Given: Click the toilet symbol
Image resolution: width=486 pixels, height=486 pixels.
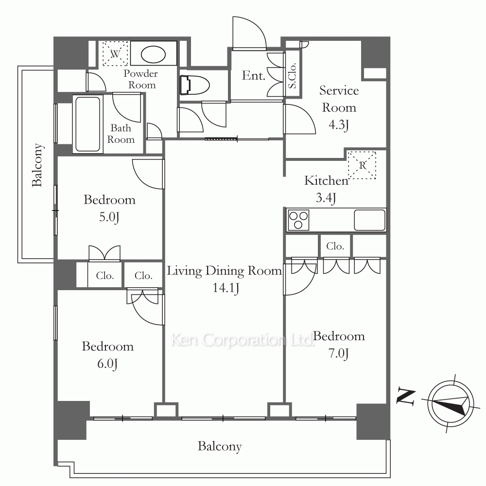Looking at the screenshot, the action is [x=195, y=85].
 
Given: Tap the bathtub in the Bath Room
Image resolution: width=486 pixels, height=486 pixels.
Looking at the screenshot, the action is [x=87, y=124].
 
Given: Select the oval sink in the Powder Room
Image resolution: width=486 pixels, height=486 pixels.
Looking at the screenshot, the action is [x=153, y=54].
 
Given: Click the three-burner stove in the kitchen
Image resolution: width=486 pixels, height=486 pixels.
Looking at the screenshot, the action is [x=298, y=220].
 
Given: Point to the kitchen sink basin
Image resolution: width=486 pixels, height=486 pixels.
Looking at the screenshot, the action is [x=369, y=220].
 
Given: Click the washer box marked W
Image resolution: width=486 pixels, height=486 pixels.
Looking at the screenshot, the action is [x=115, y=53].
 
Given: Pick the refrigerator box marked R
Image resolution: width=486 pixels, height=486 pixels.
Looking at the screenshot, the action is [x=362, y=165].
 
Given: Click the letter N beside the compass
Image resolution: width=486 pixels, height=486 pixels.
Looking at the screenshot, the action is [x=406, y=397].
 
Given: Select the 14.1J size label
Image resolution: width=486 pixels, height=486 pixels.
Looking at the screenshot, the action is [x=226, y=288].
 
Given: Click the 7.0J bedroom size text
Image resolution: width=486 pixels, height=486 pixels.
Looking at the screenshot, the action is [x=338, y=353].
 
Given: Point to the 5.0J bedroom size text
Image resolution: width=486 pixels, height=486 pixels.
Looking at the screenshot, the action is [x=109, y=217].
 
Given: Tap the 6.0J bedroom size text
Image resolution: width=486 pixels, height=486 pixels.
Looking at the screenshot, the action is [x=107, y=364].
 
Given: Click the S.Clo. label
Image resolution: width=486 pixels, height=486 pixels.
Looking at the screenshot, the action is [x=292, y=76].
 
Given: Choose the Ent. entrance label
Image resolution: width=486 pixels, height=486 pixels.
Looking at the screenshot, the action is [x=254, y=76].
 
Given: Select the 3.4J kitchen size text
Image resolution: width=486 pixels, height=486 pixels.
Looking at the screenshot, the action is [x=326, y=197].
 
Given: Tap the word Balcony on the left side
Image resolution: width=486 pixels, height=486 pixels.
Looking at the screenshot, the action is [x=37, y=165].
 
